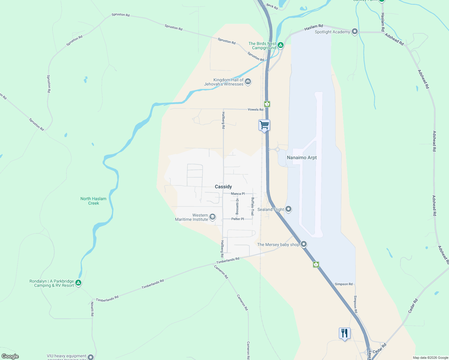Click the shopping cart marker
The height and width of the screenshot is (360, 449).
click(264, 125)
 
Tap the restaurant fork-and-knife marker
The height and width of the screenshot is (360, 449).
click(344, 333)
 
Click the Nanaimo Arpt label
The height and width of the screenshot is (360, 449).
click(302, 157)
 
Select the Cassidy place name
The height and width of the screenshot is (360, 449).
click(223, 187)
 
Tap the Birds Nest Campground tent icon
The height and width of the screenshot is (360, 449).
click(280, 45)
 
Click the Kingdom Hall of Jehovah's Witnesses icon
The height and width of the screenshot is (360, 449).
click(248, 82)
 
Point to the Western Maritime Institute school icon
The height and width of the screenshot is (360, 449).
click(212, 217)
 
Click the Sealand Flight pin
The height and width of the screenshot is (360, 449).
click(288, 209)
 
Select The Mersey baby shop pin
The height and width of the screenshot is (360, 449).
click(304, 244)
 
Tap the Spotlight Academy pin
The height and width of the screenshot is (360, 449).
click(354, 31)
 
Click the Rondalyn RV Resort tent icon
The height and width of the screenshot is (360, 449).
click(78, 283)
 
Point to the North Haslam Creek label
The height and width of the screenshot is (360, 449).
click(93, 201)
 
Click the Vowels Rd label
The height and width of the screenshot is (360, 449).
click(255, 109)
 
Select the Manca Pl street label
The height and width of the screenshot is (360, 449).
click(238, 194)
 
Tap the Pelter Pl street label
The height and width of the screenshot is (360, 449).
click(237, 219)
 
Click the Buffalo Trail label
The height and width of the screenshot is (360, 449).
click(252, 206)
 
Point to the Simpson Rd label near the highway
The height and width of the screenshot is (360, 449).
click(344, 284)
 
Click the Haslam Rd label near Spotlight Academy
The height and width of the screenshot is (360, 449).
click(314, 28)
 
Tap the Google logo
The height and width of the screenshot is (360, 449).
click(10, 356)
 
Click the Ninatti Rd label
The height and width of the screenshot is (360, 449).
click(92, 309)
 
